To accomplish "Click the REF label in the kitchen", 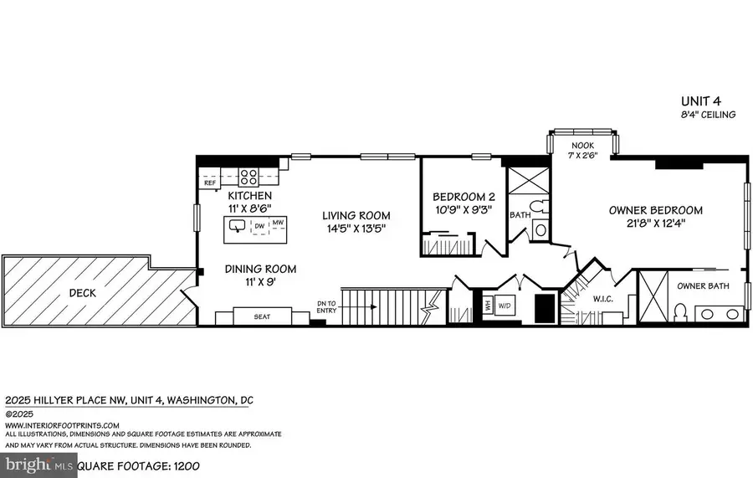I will (x=210, y=181).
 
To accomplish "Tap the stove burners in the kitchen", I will (x=249, y=177).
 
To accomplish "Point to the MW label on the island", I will (x=277, y=223).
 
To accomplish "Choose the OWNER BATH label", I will (x=702, y=286).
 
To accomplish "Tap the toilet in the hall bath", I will (x=540, y=229).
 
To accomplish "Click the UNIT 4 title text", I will (x=707, y=100).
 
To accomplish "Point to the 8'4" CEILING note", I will (x=707, y=115).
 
